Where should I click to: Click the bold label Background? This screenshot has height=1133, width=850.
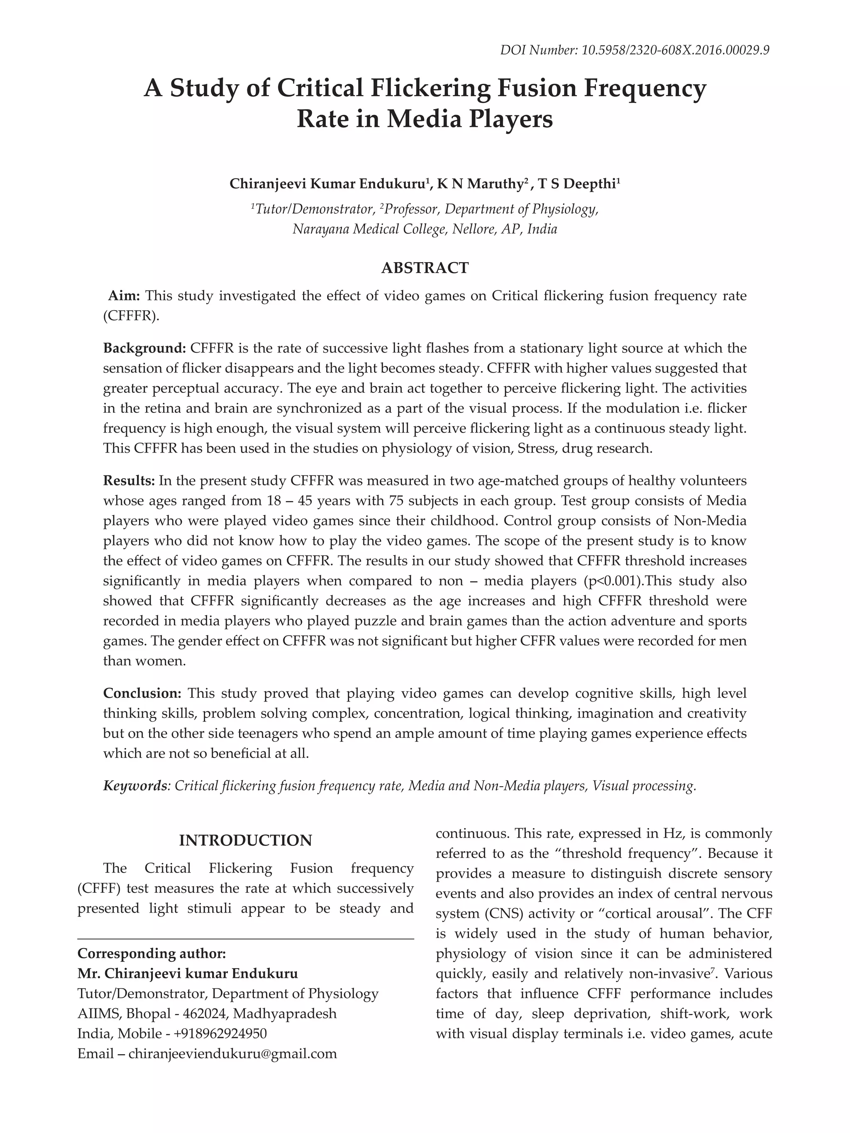coord(144,348)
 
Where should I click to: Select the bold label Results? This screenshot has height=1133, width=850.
coord(129,480)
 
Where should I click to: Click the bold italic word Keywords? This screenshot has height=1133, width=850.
coord(135,786)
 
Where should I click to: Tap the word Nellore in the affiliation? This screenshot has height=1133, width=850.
coord(474,229)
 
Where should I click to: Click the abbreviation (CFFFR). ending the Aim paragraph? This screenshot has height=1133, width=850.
coord(132,316)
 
